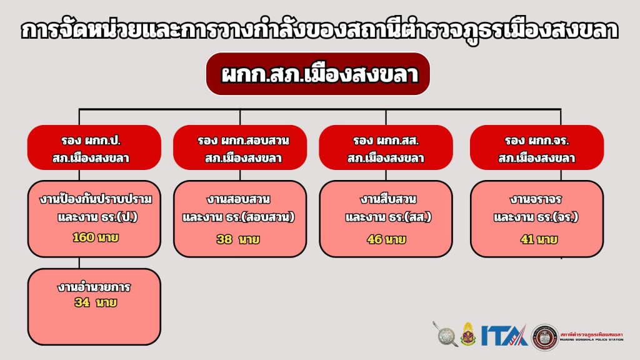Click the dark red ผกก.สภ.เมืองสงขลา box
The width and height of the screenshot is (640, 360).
point(317,74)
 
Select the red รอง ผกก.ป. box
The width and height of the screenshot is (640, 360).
point(94,147)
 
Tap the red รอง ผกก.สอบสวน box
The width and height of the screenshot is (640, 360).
point(240,147)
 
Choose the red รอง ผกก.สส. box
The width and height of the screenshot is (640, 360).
point(386,147)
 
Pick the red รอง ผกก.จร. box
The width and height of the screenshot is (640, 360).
point(537,147)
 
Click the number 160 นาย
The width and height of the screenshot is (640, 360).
point(96,237)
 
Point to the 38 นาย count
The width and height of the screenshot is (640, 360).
point(238,239)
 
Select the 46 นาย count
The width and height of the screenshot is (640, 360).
point(386,239)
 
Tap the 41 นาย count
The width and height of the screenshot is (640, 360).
point(539,239)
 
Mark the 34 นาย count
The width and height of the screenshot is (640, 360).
point(96,302)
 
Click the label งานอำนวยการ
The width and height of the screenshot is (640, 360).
point(94,287)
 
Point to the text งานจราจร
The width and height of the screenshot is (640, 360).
point(536,199)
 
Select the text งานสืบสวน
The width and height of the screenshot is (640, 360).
point(387,199)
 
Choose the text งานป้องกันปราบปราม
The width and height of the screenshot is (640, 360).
point(96,199)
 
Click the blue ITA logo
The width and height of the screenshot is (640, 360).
point(504,336)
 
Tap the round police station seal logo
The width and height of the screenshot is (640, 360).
point(544,337)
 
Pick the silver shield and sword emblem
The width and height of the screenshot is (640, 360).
point(446,334)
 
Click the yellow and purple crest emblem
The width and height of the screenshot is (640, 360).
point(468,334)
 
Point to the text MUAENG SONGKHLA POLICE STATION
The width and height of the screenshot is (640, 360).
point(592,339)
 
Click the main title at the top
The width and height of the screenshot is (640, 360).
point(320,31)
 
